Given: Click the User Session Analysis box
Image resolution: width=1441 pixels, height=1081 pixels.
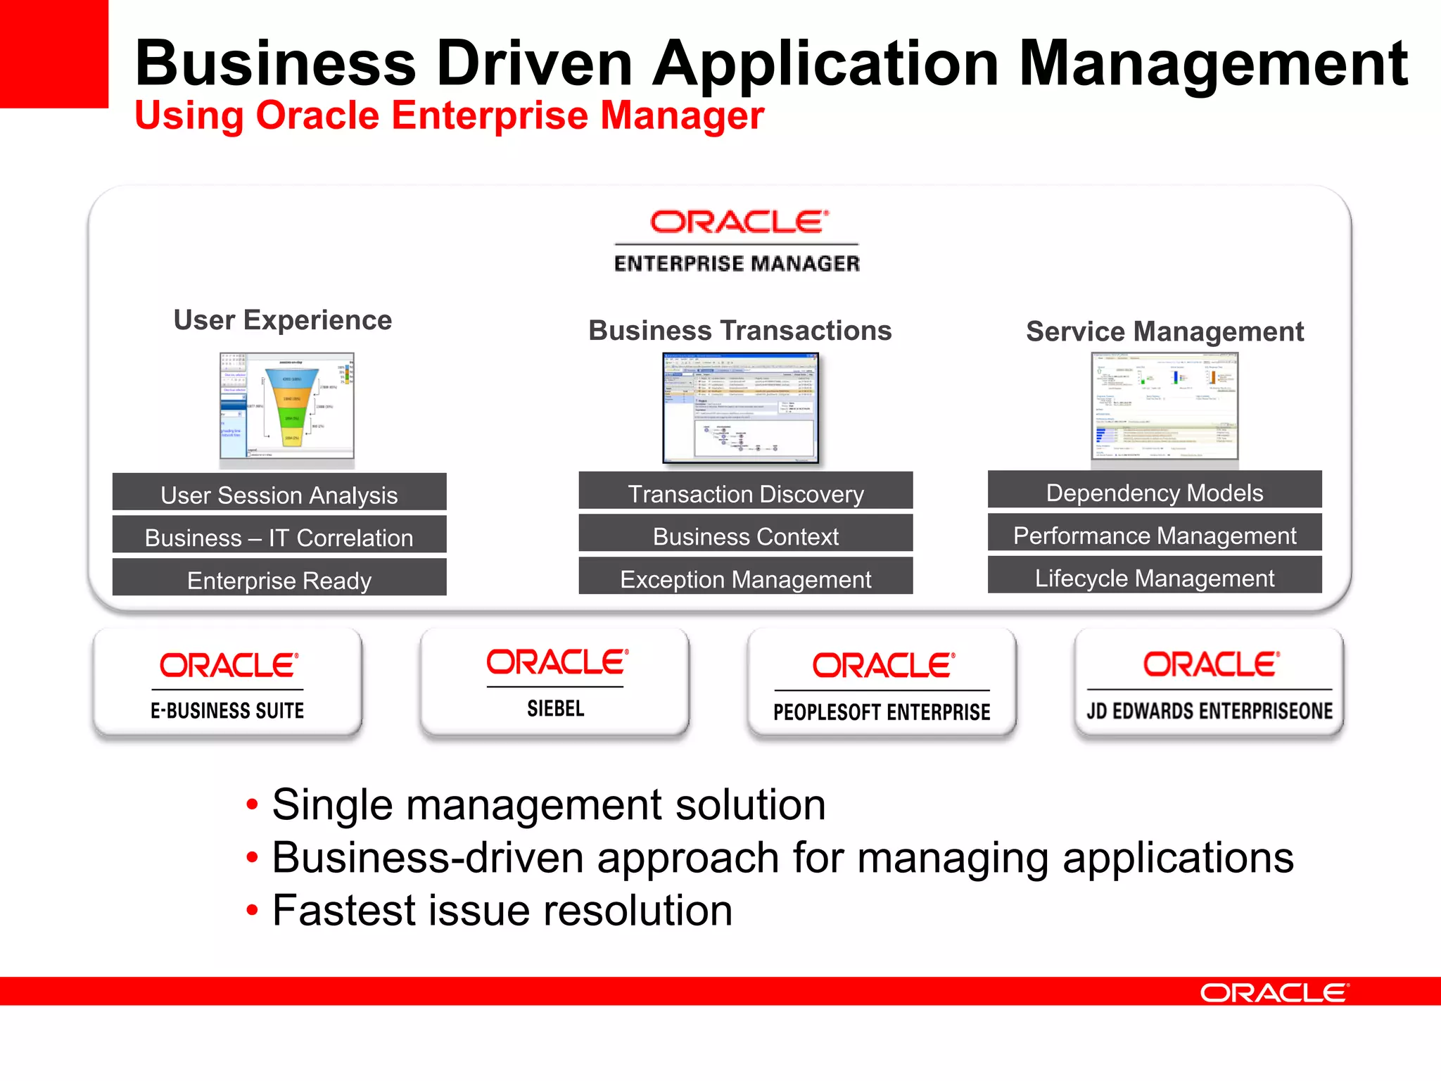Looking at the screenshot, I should tap(279, 493).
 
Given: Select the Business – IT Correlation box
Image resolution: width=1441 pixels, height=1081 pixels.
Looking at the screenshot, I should tap(279, 536).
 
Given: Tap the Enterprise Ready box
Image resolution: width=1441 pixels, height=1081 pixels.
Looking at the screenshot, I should tap(279, 578).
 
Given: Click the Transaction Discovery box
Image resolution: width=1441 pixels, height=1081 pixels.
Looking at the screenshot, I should tap(746, 492).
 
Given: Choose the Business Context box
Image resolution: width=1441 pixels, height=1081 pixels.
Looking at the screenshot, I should tap(746, 534).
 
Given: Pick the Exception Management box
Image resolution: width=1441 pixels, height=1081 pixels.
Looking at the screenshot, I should tap(746, 576).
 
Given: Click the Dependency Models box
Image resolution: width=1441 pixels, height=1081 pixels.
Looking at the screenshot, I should tap(1155, 491).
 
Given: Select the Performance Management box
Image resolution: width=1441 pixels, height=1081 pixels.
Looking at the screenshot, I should tap(1155, 533).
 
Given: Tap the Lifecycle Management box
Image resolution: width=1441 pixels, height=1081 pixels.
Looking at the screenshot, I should tap(1155, 576).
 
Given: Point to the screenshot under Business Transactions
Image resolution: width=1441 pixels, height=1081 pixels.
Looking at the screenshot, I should tap(741, 408).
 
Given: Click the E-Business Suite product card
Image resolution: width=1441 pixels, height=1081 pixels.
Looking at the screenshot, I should tap(227, 682).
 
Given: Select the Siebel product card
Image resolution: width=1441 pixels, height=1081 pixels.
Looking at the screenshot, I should tap(555, 682).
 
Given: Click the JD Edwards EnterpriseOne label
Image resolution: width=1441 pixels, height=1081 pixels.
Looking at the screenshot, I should tap(1210, 711).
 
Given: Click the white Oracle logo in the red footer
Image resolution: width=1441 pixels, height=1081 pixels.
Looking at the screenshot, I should tap(1274, 993).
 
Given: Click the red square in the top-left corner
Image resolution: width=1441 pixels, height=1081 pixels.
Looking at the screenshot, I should tap(53, 53).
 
